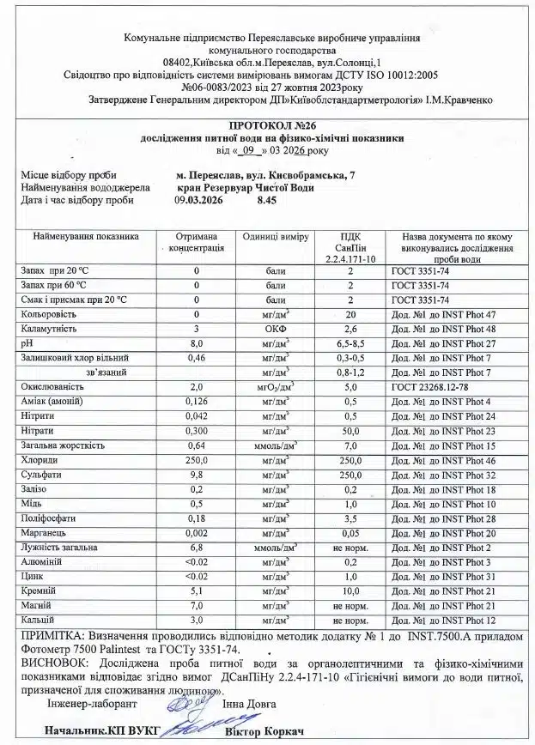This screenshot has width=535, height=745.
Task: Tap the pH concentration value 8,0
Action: (197, 342)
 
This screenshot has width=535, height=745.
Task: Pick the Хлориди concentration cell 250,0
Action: (197, 461)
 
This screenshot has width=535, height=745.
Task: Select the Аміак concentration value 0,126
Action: (197, 402)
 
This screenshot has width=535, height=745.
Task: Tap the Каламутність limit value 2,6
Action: (350, 329)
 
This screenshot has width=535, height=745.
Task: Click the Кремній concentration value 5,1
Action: (197, 591)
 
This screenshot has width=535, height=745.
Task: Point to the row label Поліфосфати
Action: (46, 519)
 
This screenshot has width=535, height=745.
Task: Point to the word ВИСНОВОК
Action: (52, 663)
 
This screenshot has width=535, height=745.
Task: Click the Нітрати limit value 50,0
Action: (350, 431)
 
